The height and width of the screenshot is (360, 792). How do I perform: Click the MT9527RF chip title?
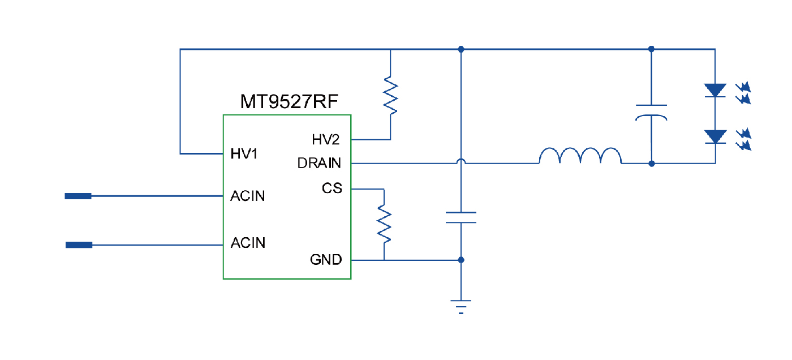pos(290,102)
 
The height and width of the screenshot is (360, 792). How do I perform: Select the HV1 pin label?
pos(244,153)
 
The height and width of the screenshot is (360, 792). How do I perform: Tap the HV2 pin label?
pos(326,139)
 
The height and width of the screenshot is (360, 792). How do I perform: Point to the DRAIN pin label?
pos(319,164)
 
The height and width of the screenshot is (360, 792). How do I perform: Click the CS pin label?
pos(332,188)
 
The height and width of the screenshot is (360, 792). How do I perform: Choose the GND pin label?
pos(326,260)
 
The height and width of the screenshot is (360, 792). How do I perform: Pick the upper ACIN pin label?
pos(248,196)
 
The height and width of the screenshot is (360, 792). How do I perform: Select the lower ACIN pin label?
pos(248,243)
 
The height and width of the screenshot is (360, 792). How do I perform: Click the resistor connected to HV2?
pos(390,96)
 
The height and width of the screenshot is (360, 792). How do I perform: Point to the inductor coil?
pos(580,156)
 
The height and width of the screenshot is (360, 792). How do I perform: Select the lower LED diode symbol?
pos(715,137)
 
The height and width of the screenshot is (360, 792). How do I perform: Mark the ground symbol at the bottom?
pos(461,306)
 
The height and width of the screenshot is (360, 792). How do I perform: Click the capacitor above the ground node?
pos(461,217)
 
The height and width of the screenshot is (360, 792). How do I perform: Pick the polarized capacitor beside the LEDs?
pos(651,112)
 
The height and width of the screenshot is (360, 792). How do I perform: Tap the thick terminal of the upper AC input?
pos(78,196)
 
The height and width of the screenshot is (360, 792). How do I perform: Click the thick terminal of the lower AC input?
pos(79,245)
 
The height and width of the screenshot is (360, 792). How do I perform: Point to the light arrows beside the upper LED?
pos(743,93)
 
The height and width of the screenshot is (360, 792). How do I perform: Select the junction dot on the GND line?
pos(461,260)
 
